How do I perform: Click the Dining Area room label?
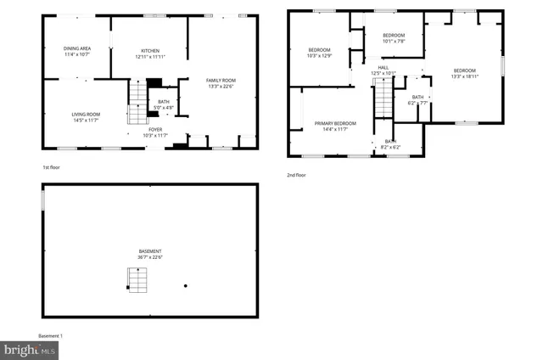click(77, 52)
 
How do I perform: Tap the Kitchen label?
click(149, 52)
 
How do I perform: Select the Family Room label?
click(221, 82)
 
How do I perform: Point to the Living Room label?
click(85, 117)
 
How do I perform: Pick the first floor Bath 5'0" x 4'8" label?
click(164, 104)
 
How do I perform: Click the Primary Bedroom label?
click(335, 126)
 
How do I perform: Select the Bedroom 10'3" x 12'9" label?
click(319, 52)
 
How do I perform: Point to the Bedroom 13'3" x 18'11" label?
click(464, 73)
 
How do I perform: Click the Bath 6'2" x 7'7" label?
click(417, 100)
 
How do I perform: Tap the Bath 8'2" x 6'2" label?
click(390, 144)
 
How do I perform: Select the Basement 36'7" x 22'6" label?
click(150, 254)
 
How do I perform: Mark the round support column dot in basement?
click(186, 286)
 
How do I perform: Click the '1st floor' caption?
click(52, 167)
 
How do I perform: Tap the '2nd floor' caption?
click(296, 175)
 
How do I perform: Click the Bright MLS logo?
click(30, 348)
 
